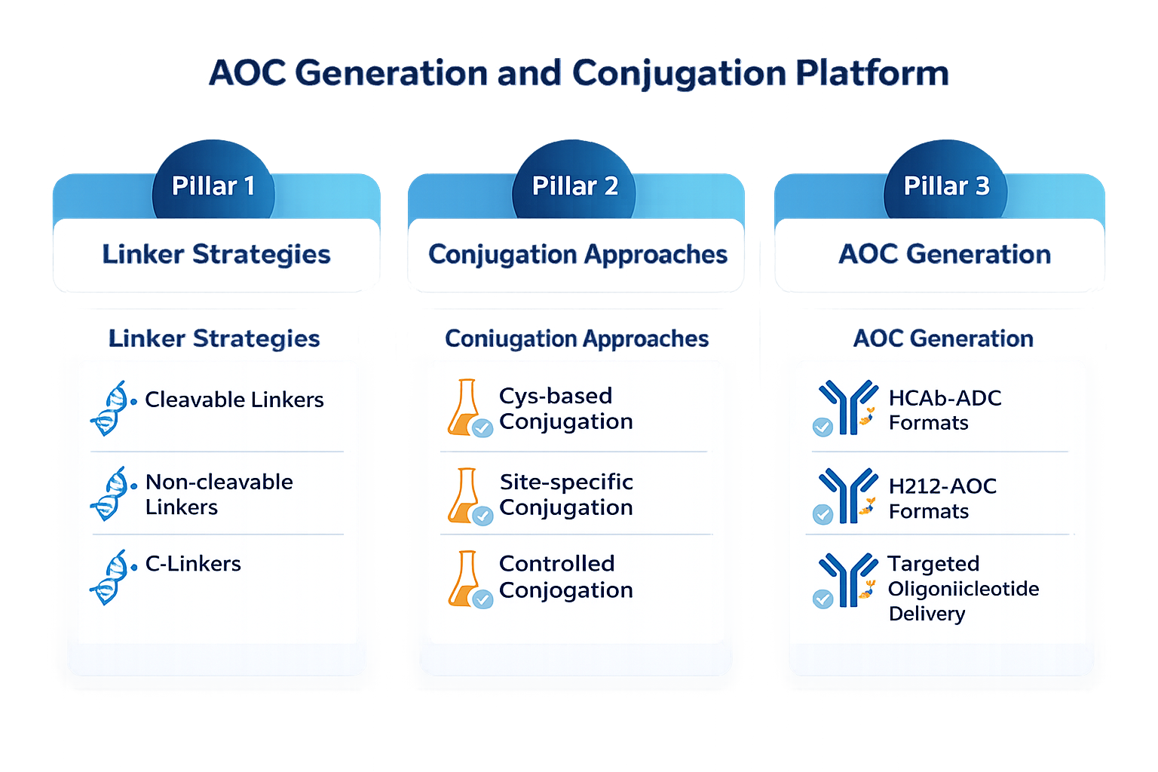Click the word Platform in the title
pyautogui.click(x=872, y=73)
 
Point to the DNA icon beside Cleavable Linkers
pyautogui.click(x=111, y=409)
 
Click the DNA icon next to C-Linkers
pyautogui.click(x=111, y=577)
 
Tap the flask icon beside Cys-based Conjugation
pyautogui.click(x=468, y=409)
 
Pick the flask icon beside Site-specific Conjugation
pyautogui.click(x=468, y=496)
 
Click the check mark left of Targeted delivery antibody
pyautogui.click(x=823, y=599)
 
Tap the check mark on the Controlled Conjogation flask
pyautogui.click(x=482, y=599)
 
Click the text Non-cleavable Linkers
pyautogui.click(x=219, y=495)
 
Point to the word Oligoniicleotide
pyautogui.click(x=963, y=589)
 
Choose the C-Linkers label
pyautogui.click(x=193, y=564)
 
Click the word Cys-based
pyautogui.click(x=556, y=397)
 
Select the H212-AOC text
pyautogui.click(x=943, y=486)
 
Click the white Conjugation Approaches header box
pyautogui.click(x=576, y=256)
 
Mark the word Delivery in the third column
pyautogui.click(x=927, y=614)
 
